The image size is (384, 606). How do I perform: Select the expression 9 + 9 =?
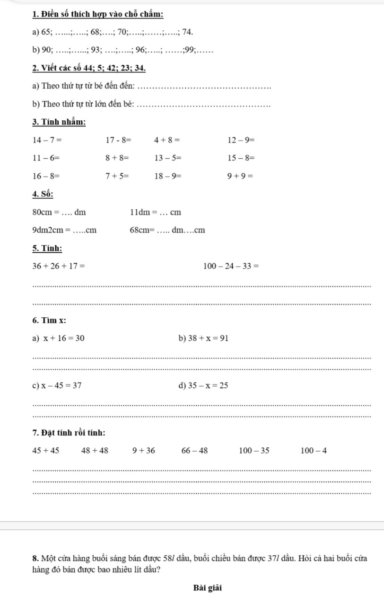[x=240, y=176]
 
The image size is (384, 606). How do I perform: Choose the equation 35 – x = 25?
[x=208, y=385]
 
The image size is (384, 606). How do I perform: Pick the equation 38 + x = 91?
[x=208, y=338]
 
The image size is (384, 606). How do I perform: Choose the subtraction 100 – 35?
[x=254, y=451]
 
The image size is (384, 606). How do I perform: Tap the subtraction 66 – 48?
[x=194, y=451]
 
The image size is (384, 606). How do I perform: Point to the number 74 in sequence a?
[x=187, y=32]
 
